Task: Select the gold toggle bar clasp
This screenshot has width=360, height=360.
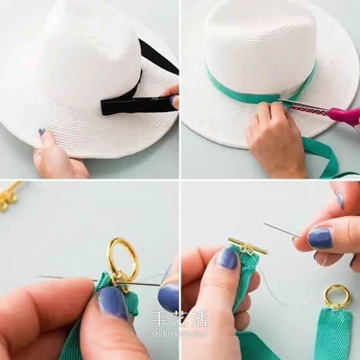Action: tap(247, 246)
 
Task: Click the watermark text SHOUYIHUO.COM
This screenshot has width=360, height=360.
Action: tap(179, 334)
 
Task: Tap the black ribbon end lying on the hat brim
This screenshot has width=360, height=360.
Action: tap(137, 105)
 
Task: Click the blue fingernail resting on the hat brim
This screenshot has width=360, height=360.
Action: tap(41, 132)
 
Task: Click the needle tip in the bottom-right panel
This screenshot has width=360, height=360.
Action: tap(264, 223)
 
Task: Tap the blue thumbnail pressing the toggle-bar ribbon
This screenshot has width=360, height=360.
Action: tap(227, 259)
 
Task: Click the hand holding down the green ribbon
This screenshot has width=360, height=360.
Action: tap(276, 137)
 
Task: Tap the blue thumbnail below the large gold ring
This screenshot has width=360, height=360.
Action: tap(113, 304)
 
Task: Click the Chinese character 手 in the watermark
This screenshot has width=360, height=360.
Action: tap(158, 319)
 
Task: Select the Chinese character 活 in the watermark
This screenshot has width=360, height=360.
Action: tap(199, 319)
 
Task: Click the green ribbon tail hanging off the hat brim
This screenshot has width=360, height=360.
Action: tap(326, 157)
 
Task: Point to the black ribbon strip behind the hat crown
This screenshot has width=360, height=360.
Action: tap(159, 56)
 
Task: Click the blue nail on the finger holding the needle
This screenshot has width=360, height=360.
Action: tap(320, 238)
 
